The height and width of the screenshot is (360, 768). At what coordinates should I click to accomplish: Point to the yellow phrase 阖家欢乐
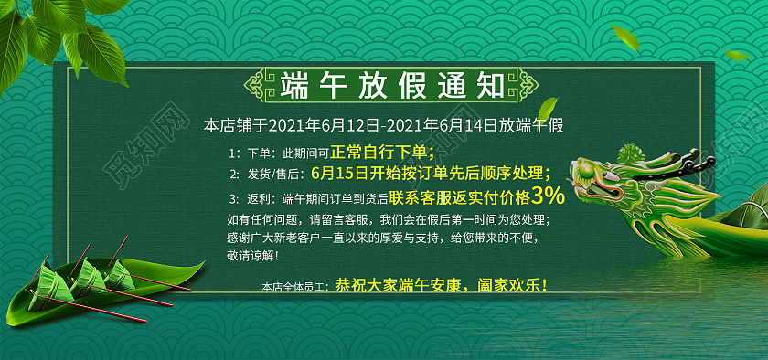pos(513,285)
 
